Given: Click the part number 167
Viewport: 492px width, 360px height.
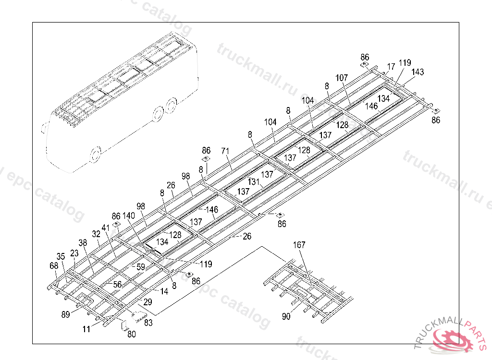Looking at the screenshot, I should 299,245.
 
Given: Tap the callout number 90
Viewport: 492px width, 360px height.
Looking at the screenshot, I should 286,316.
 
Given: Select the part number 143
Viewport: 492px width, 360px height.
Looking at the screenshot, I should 418,72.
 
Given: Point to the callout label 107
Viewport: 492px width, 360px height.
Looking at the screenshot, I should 342,78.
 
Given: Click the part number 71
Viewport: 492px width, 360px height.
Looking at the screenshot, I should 225,151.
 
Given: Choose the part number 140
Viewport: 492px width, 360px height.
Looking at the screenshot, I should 129,216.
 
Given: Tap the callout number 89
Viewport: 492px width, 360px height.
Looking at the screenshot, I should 65,314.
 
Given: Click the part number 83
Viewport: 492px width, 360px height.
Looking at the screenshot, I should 148,323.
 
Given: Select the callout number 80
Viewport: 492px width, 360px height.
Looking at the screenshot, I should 131,334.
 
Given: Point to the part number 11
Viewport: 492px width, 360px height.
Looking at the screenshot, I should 86,329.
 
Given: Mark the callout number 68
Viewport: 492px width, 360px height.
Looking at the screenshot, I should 54,265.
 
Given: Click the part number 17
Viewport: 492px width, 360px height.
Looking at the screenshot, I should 391,66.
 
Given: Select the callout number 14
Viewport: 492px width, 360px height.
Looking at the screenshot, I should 164,291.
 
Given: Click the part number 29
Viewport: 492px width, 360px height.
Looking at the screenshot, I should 148,302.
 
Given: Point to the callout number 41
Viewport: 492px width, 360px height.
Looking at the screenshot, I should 106,227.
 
